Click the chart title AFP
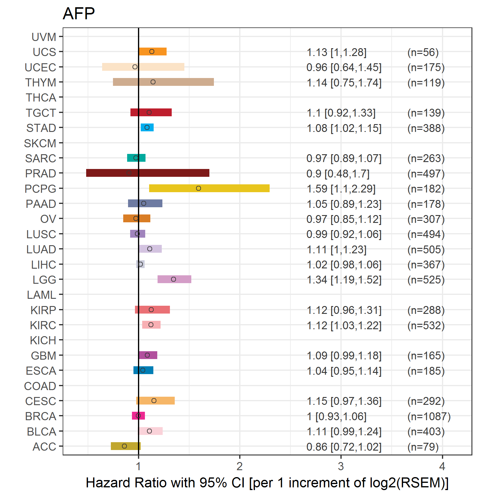coord(79,14)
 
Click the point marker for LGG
coord(174,279)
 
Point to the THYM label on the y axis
coord(41,83)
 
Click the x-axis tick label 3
coord(341,466)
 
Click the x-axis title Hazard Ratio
coord(267,483)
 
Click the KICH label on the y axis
coord(43,340)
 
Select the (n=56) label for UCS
coord(423,52)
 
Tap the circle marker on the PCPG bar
coord(199,188)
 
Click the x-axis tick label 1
coord(138,466)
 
